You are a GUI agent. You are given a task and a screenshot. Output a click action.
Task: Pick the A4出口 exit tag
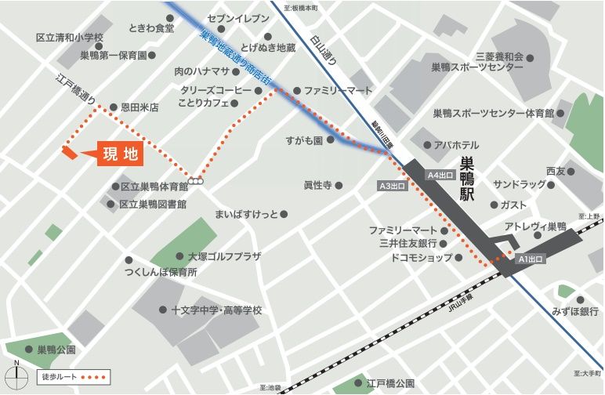440,175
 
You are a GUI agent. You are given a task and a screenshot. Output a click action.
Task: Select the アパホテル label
456,145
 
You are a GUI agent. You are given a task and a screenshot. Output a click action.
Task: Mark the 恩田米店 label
139,107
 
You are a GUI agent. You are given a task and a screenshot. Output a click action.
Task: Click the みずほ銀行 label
574,311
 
